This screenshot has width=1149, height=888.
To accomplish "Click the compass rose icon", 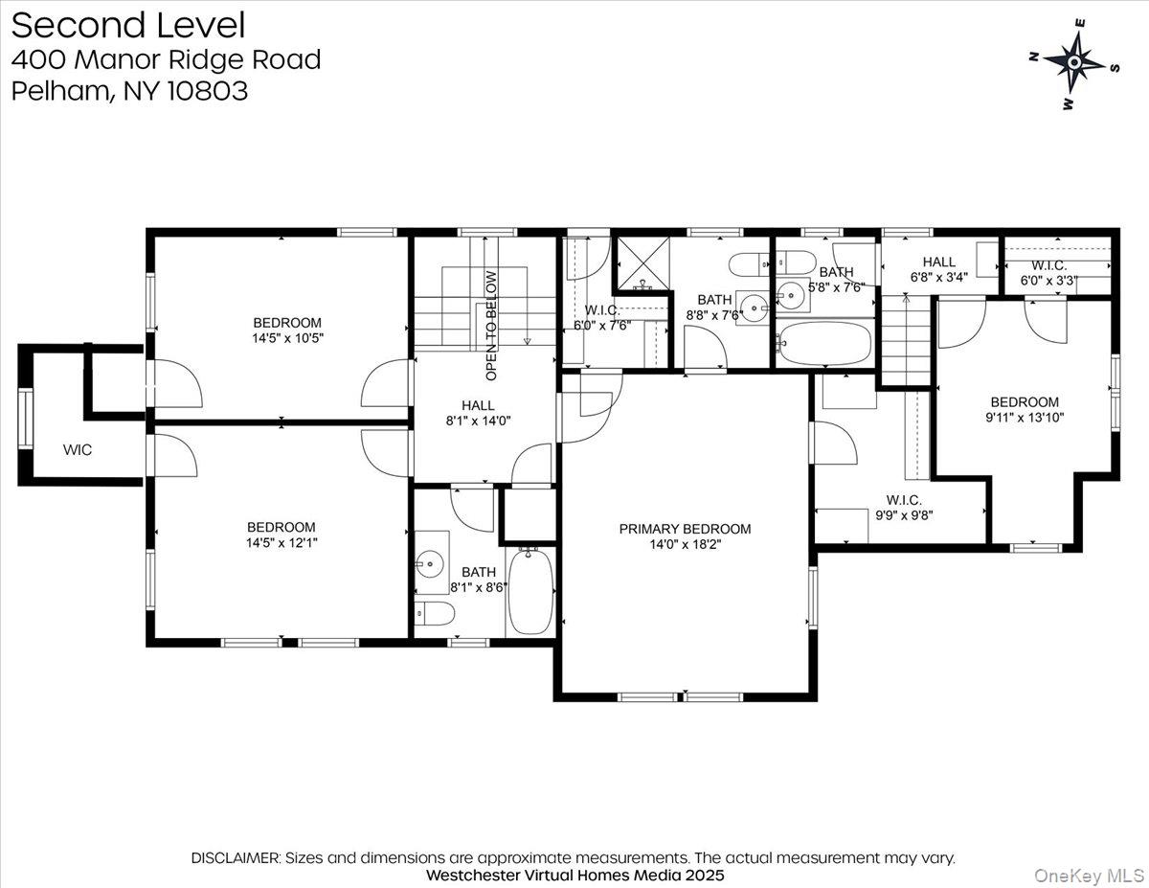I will click(x=1074, y=63).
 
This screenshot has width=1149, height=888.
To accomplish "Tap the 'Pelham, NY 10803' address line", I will click(x=129, y=91).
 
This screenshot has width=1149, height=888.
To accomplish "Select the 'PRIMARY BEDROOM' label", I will click(x=685, y=529).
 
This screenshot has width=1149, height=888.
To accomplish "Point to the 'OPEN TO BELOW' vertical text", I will click(x=491, y=312).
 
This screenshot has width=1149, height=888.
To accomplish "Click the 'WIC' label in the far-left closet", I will click(x=78, y=449).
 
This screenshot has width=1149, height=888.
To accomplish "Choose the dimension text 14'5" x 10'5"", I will click(x=287, y=338).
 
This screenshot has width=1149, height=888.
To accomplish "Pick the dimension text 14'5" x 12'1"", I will click(x=281, y=543).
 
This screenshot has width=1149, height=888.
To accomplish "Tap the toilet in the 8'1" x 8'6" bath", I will click(x=433, y=612).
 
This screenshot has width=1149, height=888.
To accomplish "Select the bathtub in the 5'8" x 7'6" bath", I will click(x=824, y=343).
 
